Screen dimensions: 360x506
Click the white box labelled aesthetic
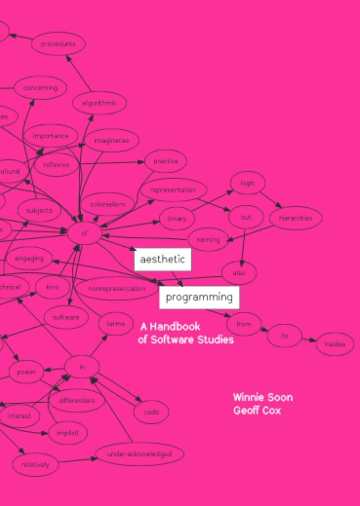pos(162,259)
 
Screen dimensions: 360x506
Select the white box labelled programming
pos(199,297)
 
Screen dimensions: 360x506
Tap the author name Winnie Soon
pos(263,397)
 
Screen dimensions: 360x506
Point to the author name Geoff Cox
pos(257,410)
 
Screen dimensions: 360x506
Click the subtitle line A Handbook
pos(170,326)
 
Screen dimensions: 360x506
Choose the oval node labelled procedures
pos(58,44)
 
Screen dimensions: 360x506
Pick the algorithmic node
pos(100,102)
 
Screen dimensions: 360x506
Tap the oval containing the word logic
pos(248,183)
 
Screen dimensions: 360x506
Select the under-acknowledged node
pos(139,454)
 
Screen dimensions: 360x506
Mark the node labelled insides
pos(335,344)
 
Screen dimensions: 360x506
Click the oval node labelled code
pos(151,412)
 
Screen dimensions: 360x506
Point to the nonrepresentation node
pos(117,289)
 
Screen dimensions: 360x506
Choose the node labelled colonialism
pos(108,205)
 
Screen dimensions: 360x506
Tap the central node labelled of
pos(84,232)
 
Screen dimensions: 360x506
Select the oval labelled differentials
pos(77,400)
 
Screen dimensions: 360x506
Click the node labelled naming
pos(208,240)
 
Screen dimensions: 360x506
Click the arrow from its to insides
pos(309,339)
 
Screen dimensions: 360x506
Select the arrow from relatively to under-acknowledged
pos(78,460)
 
